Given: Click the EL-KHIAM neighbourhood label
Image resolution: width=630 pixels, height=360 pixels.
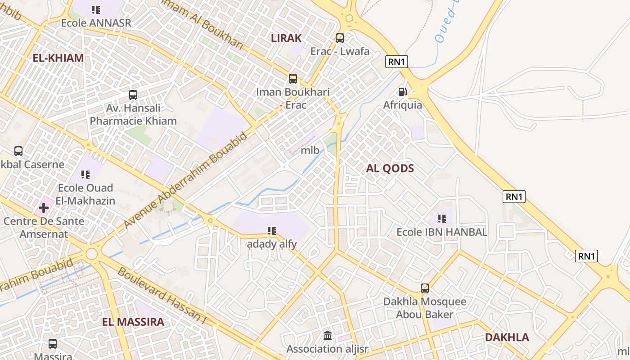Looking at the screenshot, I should [x=58, y=58].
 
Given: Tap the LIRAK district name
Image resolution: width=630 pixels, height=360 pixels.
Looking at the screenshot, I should [x=286, y=38].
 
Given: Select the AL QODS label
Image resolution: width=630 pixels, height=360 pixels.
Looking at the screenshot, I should [x=390, y=168].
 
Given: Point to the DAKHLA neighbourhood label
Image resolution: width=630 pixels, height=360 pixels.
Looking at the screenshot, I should [x=507, y=337].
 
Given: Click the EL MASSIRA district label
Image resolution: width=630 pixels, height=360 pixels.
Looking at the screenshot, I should [x=133, y=322].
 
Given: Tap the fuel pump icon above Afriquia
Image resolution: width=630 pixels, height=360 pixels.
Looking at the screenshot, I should [x=402, y=92].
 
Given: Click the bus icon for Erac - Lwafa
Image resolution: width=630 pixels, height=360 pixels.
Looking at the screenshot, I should [x=340, y=38].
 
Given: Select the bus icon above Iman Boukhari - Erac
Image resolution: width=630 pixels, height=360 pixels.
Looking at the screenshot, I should [x=293, y=79].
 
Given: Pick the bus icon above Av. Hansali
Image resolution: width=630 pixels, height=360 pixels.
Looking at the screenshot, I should [x=133, y=95].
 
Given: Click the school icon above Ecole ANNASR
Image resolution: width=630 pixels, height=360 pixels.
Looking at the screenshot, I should [x=96, y=9].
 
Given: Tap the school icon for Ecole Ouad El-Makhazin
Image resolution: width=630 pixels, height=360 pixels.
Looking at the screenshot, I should [x=85, y=174].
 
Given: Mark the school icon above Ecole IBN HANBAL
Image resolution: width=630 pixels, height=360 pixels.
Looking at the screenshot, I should [x=442, y=219].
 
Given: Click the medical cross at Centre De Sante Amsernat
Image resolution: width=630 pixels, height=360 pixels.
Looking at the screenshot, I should [x=44, y=208].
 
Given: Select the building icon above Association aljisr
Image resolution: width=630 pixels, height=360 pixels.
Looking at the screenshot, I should [x=328, y=336].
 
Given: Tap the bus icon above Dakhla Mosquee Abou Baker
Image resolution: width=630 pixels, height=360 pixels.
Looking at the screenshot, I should [x=425, y=288].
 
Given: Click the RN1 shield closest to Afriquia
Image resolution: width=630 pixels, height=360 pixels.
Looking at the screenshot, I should [x=396, y=62].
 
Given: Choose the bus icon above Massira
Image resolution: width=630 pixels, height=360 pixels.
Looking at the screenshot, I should [x=53, y=344].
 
